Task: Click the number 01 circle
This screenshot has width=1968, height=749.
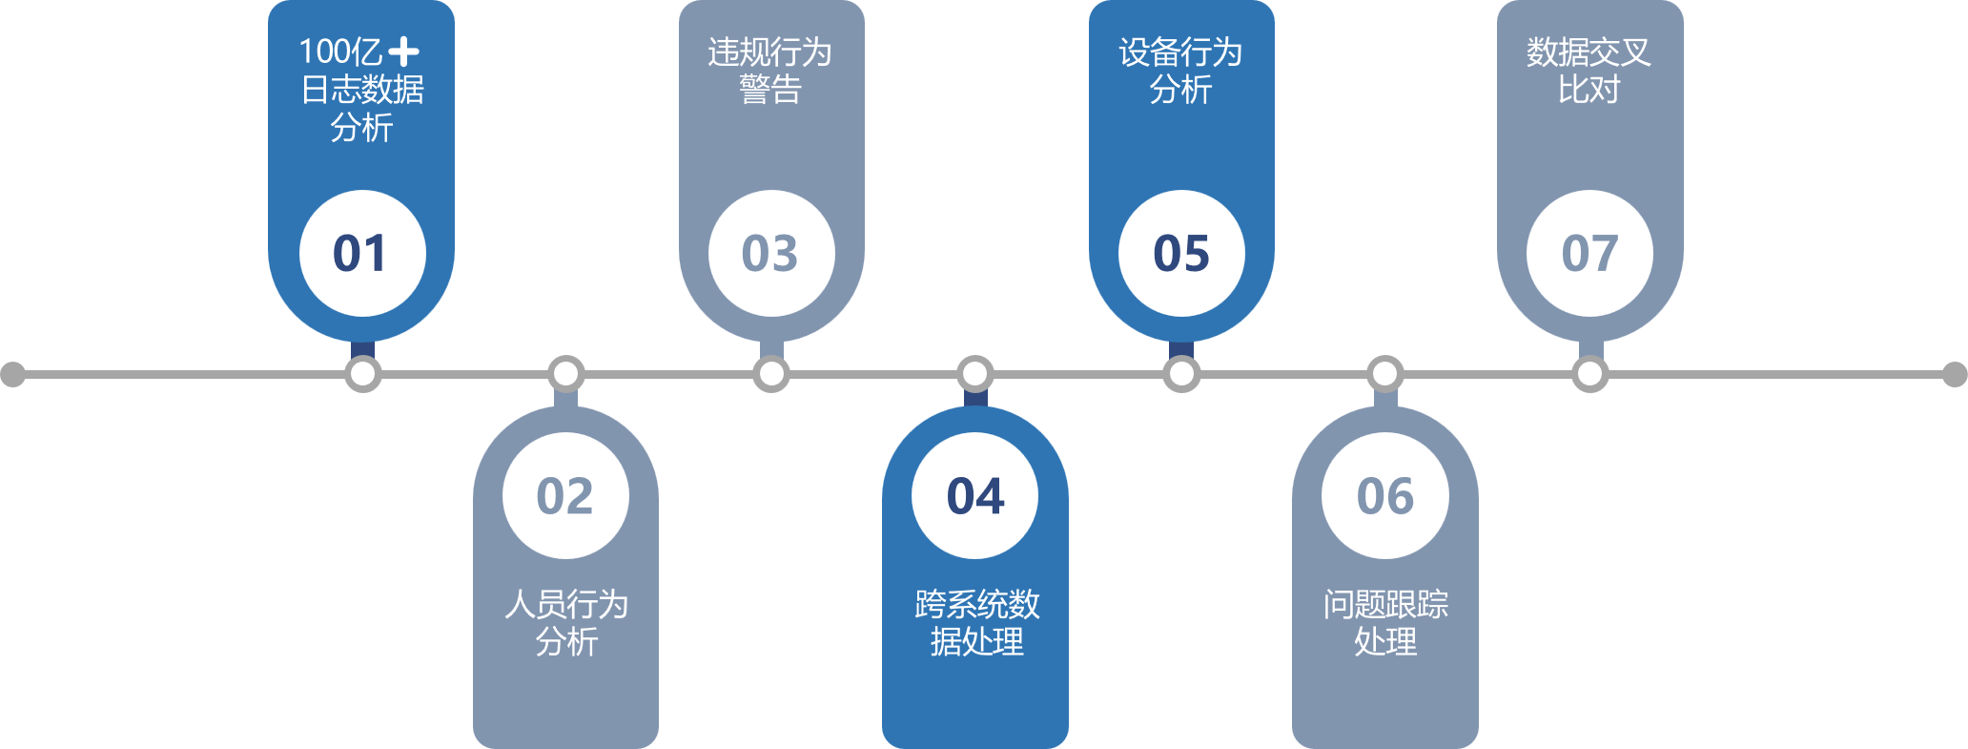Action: point(362,253)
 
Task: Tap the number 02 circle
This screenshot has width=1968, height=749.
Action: point(565,495)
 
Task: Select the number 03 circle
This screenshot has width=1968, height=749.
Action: point(771,253)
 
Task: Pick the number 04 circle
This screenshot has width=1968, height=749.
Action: point(975,495)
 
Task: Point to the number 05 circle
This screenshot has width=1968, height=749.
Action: point(1181,253)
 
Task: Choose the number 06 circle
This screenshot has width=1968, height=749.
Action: point(1385,495)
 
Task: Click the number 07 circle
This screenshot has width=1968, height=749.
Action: point(1589,253)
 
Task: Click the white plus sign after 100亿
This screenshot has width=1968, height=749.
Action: point(403,52)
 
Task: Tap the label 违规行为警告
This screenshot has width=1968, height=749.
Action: point(770,71)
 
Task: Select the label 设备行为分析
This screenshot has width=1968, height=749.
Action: point(1180,71)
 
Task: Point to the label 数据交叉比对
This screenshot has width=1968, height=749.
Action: point(1589,71)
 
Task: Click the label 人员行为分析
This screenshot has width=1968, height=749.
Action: point(566,622)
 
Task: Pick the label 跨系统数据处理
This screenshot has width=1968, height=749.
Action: point(976,622)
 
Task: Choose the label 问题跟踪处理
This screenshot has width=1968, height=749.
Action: point(1385,622)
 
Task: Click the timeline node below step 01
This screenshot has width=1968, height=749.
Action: point(362,374)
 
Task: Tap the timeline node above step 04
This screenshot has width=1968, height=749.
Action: point(975,374)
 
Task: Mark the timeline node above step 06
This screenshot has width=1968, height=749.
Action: point(1385,374)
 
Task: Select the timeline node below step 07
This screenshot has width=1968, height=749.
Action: point(1589,374)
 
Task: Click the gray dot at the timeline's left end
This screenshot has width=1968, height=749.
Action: point(12,374)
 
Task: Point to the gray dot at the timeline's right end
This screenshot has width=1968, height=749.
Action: point(1955,374)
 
